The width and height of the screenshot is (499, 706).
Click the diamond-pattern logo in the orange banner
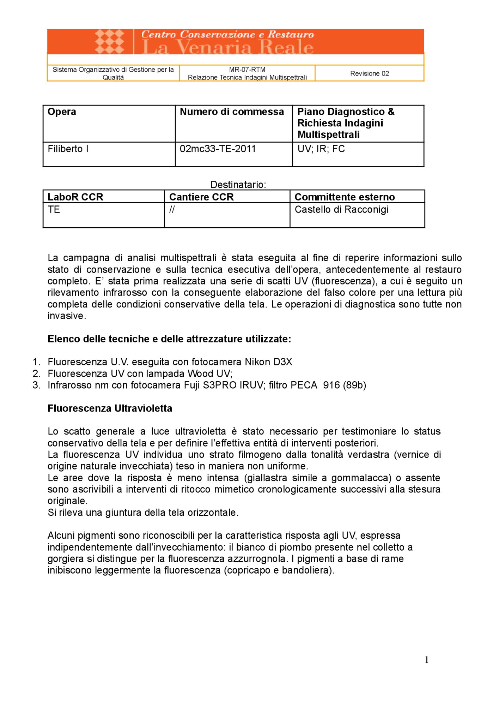[x=109, y=42]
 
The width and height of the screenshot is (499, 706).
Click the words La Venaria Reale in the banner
[x=227, y=48]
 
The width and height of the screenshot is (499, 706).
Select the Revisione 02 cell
[x=369, y=73]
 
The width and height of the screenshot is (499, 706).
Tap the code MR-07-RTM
[x=247, y=70]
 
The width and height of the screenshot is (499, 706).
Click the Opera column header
[x=62, y=112]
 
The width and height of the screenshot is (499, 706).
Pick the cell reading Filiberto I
[x=68, y=149]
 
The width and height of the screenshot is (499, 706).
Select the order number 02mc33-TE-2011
[x=218, y=149]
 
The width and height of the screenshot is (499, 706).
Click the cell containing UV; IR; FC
[x=321, y=149]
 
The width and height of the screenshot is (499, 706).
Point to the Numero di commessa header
[x=232, y=112]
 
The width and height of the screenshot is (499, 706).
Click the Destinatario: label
[x=238, y=185]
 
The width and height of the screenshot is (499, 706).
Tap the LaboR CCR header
[x=75, y=197]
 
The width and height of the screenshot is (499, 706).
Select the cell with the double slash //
[x=172, y=210]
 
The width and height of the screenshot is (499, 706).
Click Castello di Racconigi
[x=341, y=210]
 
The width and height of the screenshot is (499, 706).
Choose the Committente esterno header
[x=345, y=197]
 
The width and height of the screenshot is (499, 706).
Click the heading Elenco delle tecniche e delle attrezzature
[x=169, y=339]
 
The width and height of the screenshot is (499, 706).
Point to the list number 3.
[x=36, y=385]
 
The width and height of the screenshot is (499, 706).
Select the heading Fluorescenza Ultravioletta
[x=110, y=408]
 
